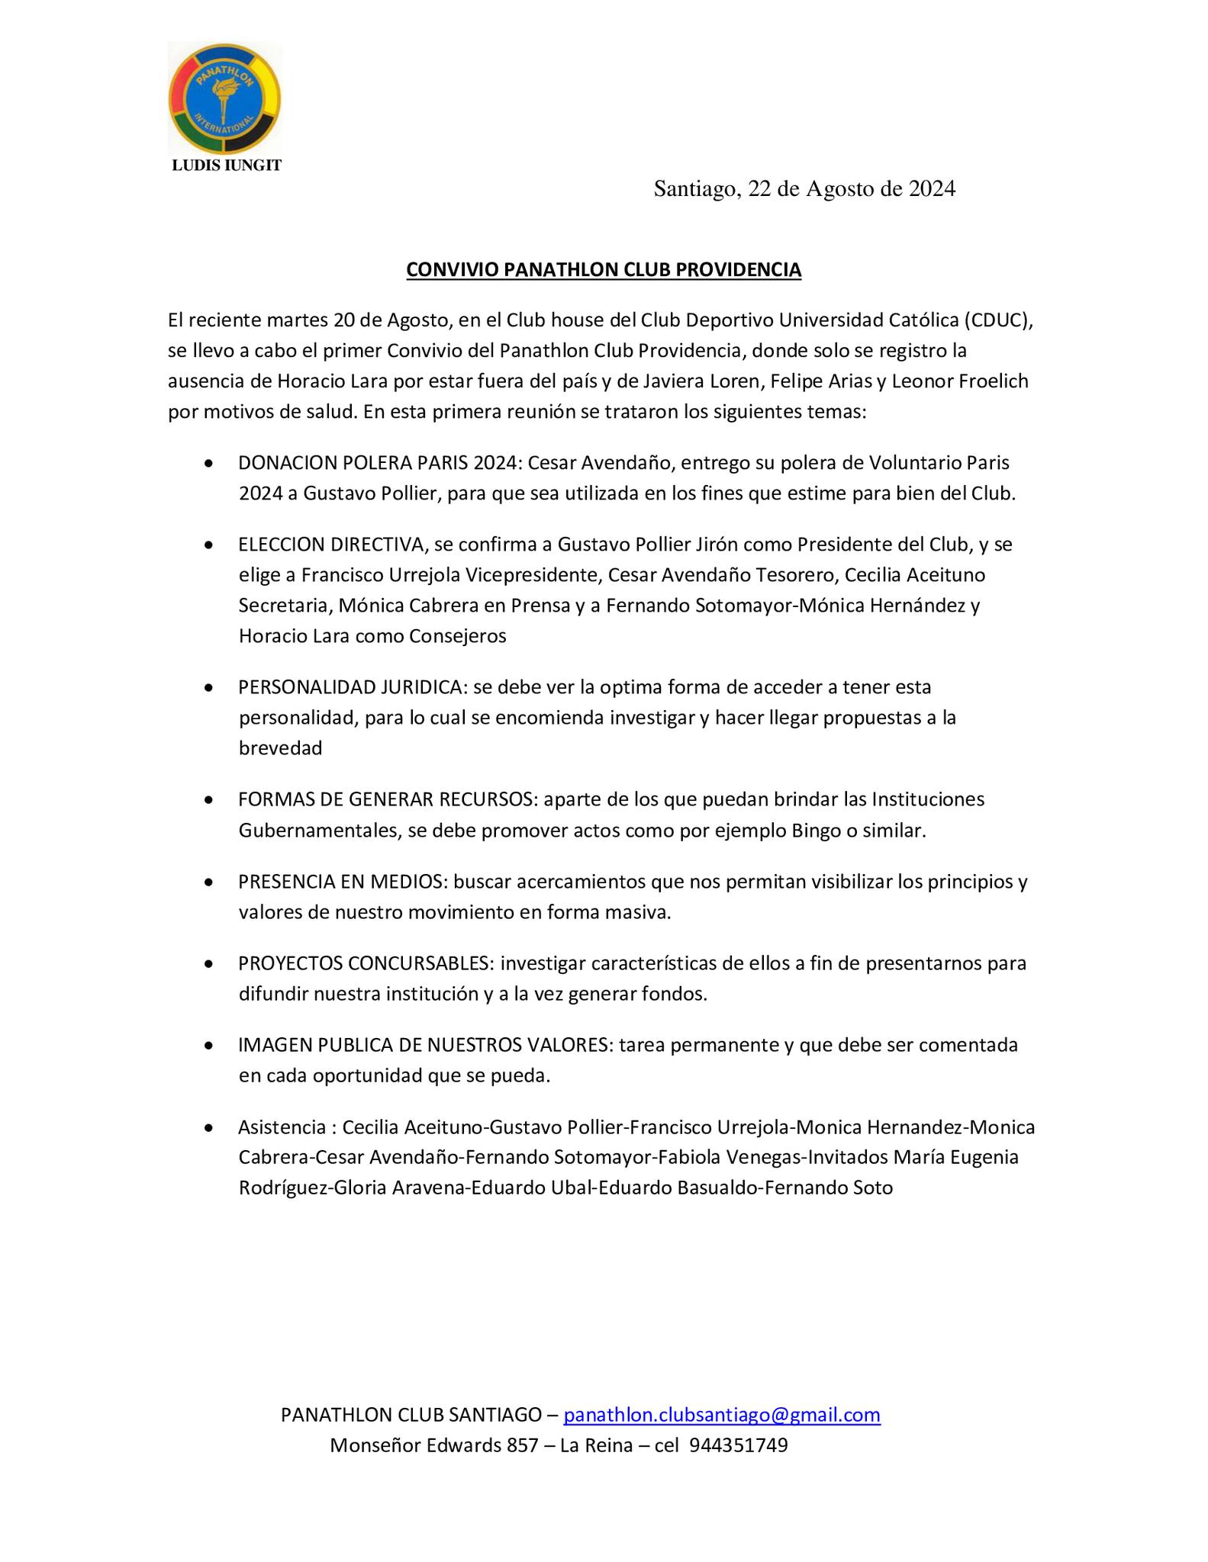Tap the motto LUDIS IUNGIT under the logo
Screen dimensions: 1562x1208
pyautogui.click(x=227, y=166)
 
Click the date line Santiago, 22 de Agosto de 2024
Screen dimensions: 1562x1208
pyautogui.click(x=804, y=189)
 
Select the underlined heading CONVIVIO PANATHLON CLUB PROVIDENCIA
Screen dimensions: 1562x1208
pyautogui.click(x=604, y=270)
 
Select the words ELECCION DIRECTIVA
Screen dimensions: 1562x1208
pyautogui.click(x=330, y=545)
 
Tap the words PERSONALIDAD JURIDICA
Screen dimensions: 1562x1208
pyautogui.click(x=350, y=687)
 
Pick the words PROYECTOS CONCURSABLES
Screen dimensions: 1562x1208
pyautogui.click(x=365, y=963)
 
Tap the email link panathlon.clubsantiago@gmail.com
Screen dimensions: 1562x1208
pyautogui.click(x=722, y=1416)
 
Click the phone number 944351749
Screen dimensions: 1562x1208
pyautogui.click(x=738, y=1446)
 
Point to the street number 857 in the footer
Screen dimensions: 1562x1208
pyautogui.click(x=523, y=1446)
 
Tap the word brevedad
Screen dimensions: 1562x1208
pyautogui.click(x=280, y=748)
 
